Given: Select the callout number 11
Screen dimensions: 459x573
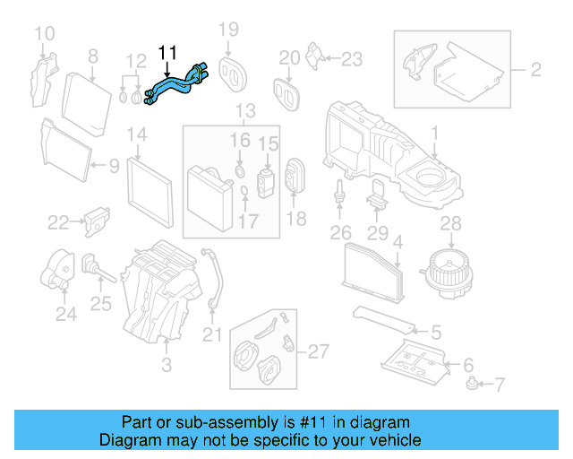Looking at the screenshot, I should pos(168,53).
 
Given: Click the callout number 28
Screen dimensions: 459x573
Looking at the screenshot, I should pos(451,222).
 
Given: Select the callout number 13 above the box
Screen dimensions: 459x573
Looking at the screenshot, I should pos(244,111).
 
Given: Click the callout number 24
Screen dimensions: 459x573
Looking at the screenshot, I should pos(65,314).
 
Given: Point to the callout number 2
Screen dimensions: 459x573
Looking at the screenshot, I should pos(535,69).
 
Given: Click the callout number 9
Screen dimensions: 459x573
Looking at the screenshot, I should pos(114,165).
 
